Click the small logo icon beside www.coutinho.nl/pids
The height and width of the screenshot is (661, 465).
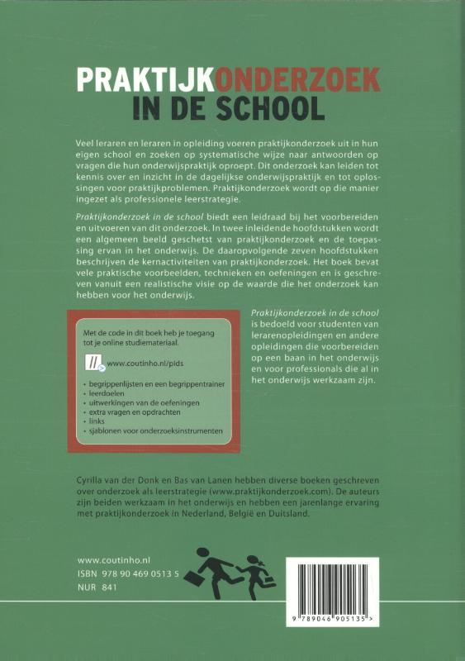point(93,362)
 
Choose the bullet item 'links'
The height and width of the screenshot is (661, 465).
point(101,420)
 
